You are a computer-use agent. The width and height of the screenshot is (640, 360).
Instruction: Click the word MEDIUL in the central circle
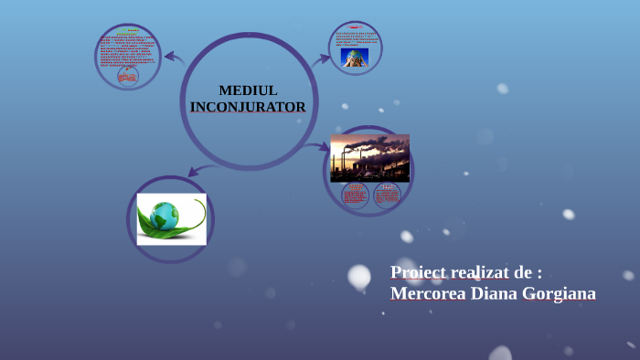[x=248, y=90]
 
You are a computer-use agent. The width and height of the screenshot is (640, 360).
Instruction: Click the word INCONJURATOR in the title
[x=248, y=107]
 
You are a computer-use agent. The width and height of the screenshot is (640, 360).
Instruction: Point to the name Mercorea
[x=429, y=293]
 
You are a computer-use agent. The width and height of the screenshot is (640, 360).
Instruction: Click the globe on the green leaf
[x=165, y=217]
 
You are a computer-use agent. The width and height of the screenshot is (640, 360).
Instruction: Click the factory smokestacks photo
[x=369, y=157]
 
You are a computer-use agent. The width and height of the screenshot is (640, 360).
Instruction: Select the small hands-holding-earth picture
[x=355, y=58]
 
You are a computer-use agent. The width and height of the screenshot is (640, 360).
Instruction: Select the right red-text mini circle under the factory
[x=388, y=195]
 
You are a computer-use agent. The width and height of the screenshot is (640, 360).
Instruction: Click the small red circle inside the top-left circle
[x=127, y=77]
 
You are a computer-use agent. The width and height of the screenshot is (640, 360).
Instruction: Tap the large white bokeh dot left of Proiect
[x=359, y=276]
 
